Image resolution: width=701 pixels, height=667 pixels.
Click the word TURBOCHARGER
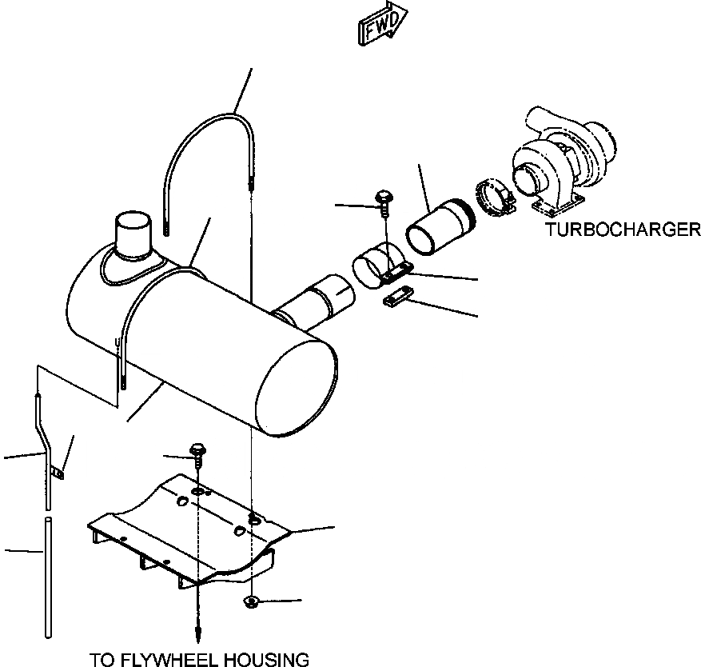pyautogui.click(x=623, y=230)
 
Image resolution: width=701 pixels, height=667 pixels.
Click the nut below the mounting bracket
pyautogui.click(x=253, y=601)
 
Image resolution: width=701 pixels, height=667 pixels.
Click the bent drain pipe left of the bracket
pyautogui.click(x=44, y=456)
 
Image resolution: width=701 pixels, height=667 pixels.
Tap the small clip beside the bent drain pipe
pyautogui.click(x=58, y=473)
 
